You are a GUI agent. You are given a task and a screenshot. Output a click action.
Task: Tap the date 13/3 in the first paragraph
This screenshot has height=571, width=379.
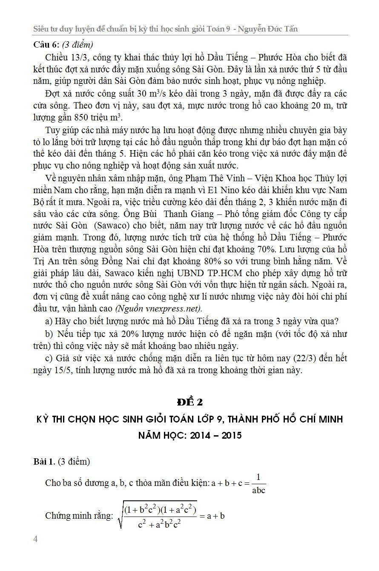[x=75, y=57]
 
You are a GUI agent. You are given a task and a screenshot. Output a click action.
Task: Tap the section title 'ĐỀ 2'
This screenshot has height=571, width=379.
[x=189, y=402]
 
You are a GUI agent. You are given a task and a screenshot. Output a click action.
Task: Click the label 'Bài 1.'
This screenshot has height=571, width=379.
[x=45, y=462]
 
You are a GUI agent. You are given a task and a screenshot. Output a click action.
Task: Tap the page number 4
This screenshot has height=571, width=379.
[x=36, y=540]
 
